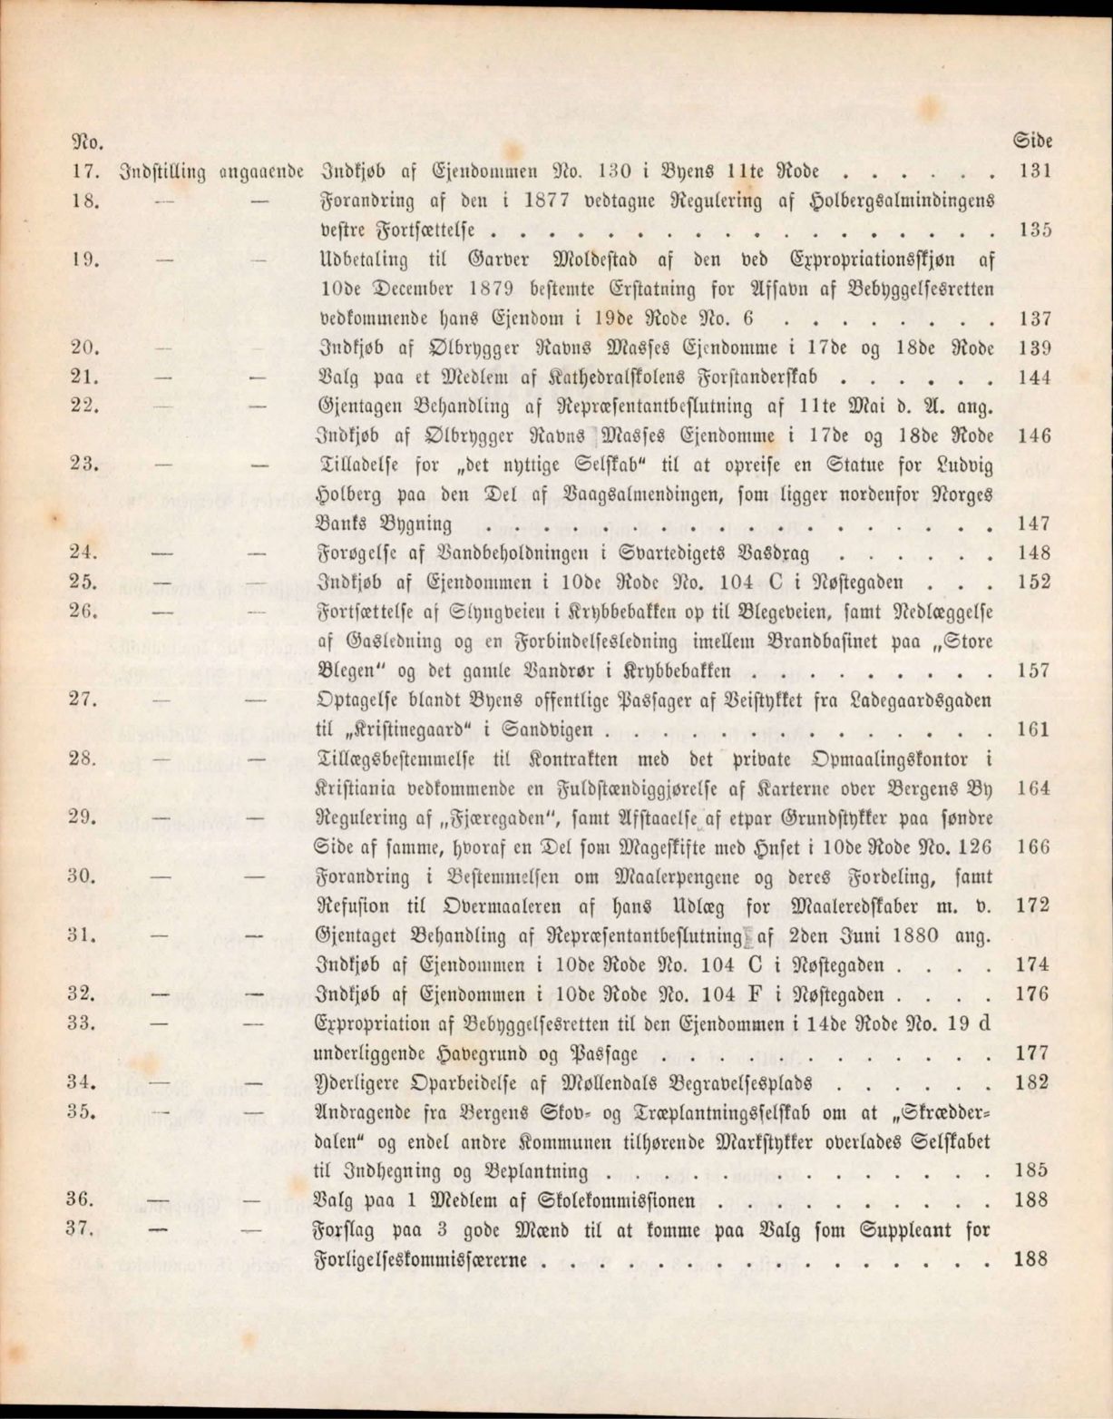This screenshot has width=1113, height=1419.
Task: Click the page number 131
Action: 1034,171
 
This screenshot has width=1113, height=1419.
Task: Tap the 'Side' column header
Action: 1032,142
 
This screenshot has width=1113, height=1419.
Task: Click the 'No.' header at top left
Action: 86,142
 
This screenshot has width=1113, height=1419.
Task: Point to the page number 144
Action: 1034,377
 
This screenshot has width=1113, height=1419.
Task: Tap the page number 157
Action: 1034,670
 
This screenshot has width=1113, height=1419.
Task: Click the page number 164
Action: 1034,788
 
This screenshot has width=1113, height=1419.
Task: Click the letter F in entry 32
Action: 776,993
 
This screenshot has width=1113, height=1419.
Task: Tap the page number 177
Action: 1034,1052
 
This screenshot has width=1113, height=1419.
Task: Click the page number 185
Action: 1034,1170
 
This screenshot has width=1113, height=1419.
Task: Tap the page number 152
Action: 1034,582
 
